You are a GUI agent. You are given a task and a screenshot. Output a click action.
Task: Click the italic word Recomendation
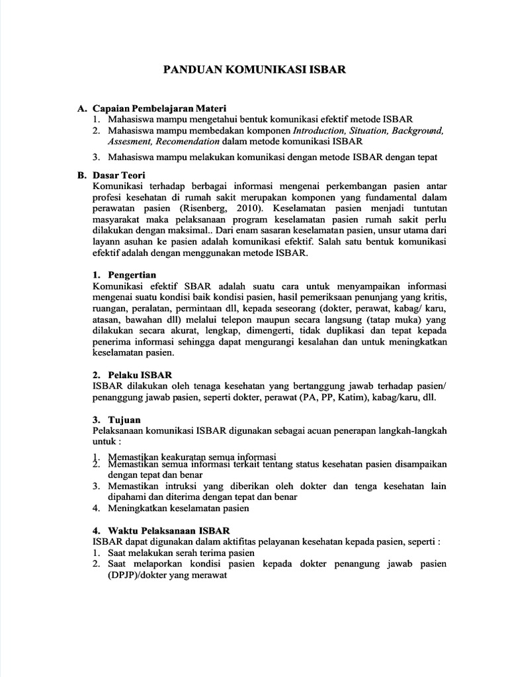[187, 141]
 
